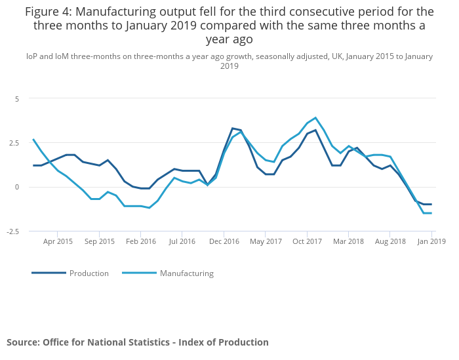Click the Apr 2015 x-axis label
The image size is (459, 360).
click(x=58, y=241)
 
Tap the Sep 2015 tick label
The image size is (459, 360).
click(x=100, y=241)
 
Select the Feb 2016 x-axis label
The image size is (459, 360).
click(x=142, y=241)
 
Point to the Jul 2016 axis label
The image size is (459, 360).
click(x=183, y=241)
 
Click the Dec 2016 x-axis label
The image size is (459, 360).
click(x=224, y=241)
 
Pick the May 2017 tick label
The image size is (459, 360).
click(x=266, y=241)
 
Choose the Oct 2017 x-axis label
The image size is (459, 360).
click(x=308, y=241)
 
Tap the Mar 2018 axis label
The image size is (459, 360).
click(x=349, y=241)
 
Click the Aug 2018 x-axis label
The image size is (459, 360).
click(x=390, y=241)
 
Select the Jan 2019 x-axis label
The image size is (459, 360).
click(x=431, y=241)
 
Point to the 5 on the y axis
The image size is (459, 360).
click(x=18, y=98)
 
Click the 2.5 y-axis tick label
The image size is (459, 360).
click(x=14, y=143)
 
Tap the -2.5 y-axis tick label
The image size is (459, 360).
click(x=13, y=231)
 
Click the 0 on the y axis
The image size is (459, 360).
click(x=18, y=187)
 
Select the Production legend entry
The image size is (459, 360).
click(x=89, y=273)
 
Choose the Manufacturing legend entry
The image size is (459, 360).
click(x=186, y=273)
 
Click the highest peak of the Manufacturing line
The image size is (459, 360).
click(x=315, y=118)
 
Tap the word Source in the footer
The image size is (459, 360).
click(x=23, y=342)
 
